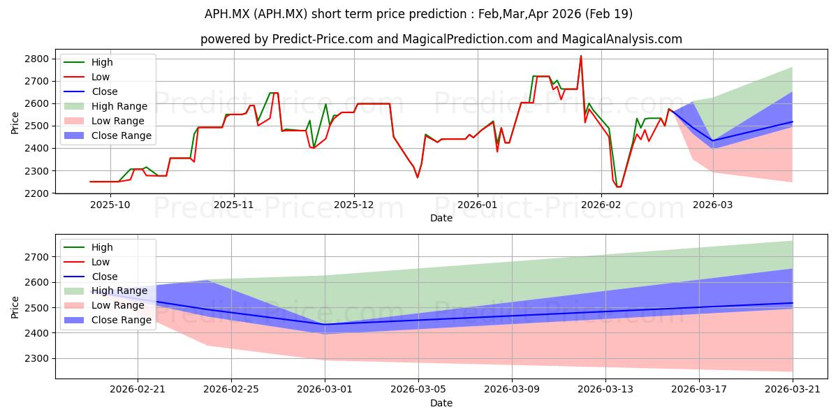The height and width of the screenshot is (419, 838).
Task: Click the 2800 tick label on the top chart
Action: click(36, 59)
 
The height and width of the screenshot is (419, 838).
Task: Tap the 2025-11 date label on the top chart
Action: click(234, 205)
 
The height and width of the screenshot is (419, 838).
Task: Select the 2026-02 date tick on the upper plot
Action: click(601, 205)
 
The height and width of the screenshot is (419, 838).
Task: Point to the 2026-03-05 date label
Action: click(418, 390)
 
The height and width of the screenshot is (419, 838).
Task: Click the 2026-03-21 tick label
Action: click(793, 390)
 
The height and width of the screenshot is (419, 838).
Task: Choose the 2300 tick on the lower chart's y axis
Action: click(36, 358)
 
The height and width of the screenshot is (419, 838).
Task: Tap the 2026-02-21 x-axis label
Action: click(138, 390)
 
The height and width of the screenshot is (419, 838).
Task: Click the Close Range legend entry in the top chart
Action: click(108, 135)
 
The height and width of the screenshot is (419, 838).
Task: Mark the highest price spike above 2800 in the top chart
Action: click(580, 56)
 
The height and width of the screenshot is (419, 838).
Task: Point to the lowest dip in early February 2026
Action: click(619, 186)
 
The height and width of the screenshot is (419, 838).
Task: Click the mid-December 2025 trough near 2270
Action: click(418, 177)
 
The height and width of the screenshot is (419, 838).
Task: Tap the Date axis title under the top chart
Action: click(441, 218)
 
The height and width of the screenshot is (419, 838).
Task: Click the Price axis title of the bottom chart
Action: click(15, 307)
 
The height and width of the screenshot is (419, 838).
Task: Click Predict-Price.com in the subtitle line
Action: click(322, 39)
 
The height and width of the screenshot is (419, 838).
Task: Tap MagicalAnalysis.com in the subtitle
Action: click(622, 39)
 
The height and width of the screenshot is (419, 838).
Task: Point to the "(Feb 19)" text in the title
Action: click(609, 14)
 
